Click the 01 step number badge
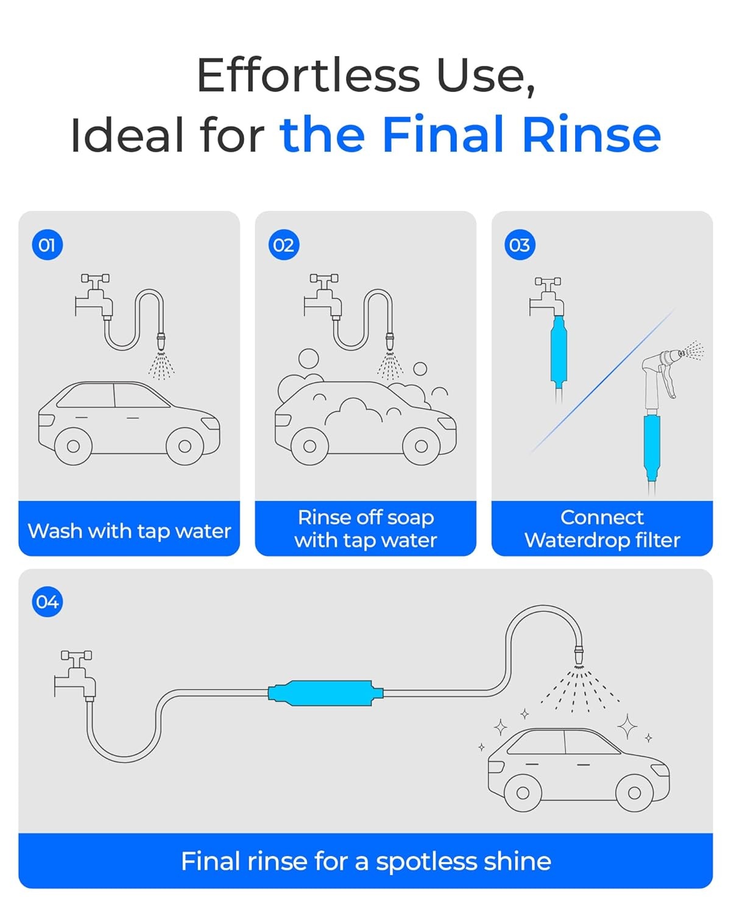pyautogui.click(x=47, y=245)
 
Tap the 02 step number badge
pyautogui.click(x=284, y=245)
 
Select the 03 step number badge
pyautogui.click(x=520, y=245)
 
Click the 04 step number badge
pyautogui.click(x=47, y=602)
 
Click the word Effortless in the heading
pyautogui.click(x=309, y=75)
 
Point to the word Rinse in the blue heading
pyautogui.click(x=592, y=135)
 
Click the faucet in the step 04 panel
pyautogui.click(x=75, y=675)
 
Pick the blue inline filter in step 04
pyautogui.click(x=326, y=693)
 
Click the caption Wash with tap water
pyautogui.click(x=129, y=531)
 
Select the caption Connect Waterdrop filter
pyautogui.click(x=602, y=529)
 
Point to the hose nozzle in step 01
pyautogui.click(x=161, y=341)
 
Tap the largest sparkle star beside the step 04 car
pyautogui.click(x=627, y=727)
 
